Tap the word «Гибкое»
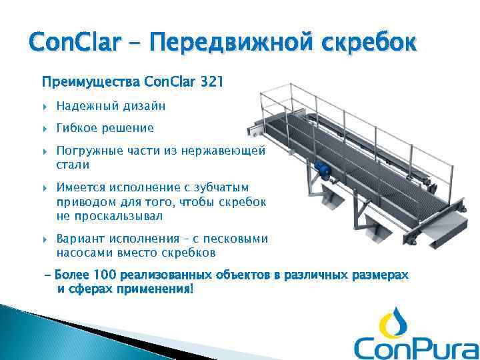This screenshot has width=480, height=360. tap(77, 127)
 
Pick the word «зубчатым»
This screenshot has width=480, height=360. tap(224, 189)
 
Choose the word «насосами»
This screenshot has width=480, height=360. tap(83, 252)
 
